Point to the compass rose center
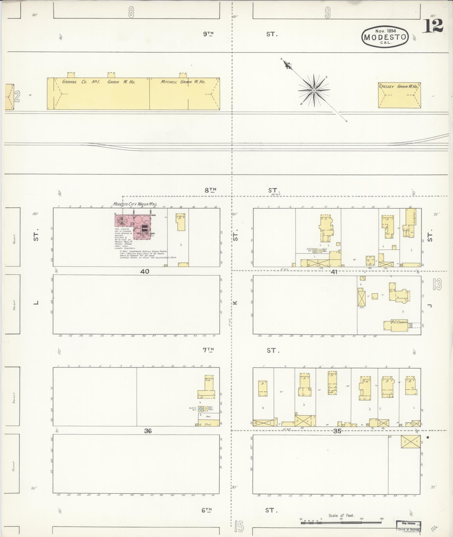[x=314, y=90]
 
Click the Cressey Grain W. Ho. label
[x=399, y=87]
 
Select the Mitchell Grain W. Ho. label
[x=183, y=82]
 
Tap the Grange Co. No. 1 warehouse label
[x=99, y=82]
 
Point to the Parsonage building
[x=400, y=298]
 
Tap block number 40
[x=145, y=271]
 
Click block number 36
[x=148, y=431]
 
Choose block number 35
[x=337, y=431]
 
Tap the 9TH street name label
[x=208, y=34]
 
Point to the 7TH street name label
[x=208, y=350]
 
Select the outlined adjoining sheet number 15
[x=239, y=527]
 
